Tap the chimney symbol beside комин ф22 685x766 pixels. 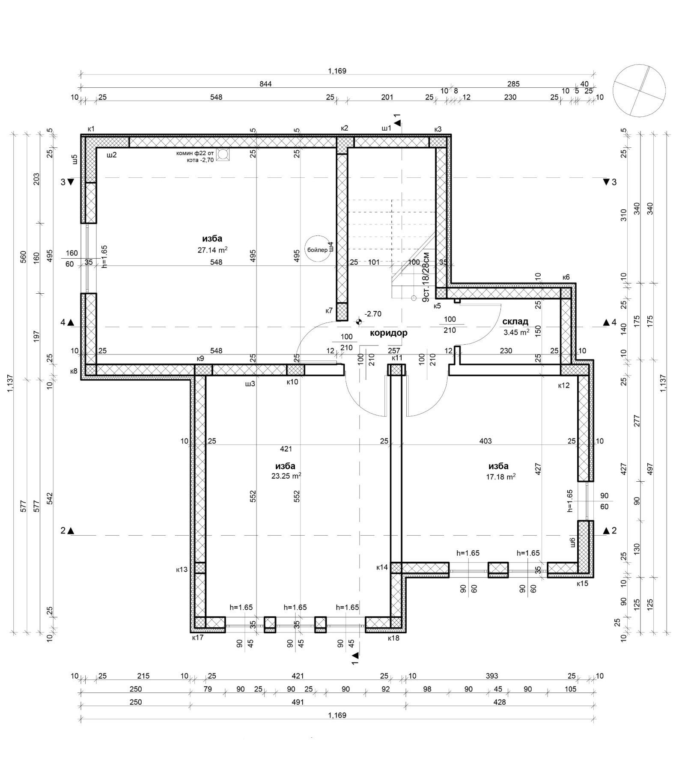pos(223,155)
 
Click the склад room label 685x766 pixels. pos(515,321)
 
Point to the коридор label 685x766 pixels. pos(388,333)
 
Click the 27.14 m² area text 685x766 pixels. pos(212,250)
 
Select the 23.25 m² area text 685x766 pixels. pos(286,475)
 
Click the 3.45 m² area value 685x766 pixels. pos(516,331)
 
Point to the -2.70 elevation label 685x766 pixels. pos(372,314)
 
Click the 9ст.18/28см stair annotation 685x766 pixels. pos(426,277)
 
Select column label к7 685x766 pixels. pos(329,310)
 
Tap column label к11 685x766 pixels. pos(397,358)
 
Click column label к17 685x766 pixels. pos(198,637)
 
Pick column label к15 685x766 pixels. pos(582,583)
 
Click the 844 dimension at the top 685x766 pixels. pos(265,84)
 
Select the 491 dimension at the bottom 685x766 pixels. pos(298,702)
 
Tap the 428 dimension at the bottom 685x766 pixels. pos(500,702)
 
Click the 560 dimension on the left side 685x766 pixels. pos(24,256)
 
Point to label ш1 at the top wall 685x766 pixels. pos(386,128)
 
